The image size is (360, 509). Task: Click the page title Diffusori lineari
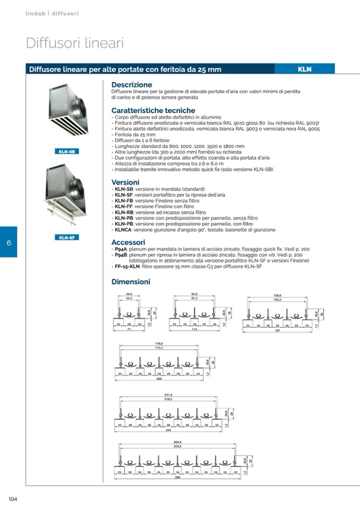click(75, 44)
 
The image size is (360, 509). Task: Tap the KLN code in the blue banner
click(304, 69)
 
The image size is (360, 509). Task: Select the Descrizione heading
click(132, 84)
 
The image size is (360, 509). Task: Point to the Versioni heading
click(125, 182)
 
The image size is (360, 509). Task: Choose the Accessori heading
click(128, 242)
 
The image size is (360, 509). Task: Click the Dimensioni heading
click(131, 282)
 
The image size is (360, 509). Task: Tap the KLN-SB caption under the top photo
click(66, 152)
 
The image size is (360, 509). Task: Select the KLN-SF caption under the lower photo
click(66, 237)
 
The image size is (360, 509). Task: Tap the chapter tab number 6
click(9, 243)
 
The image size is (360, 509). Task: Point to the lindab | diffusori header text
click(52, 13)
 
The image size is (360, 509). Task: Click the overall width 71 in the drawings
click(129, 329)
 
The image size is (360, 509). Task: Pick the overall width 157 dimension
click(277, 329)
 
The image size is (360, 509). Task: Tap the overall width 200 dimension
click(159, 379)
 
